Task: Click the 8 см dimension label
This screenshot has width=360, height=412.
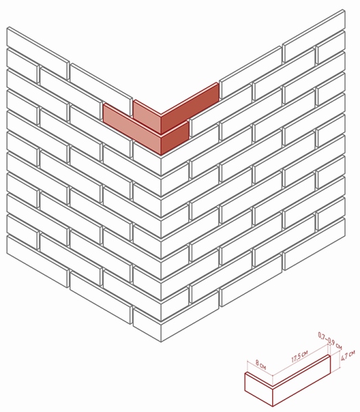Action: pos(261,365)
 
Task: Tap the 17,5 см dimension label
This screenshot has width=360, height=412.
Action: pos(300,356)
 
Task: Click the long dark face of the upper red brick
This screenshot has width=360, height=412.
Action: pos(190,108)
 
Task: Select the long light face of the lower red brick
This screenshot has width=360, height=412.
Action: pos(132,128)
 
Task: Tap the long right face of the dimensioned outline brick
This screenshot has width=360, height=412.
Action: pos(301,380)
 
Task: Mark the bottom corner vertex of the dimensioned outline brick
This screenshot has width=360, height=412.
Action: pos(273,406)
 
